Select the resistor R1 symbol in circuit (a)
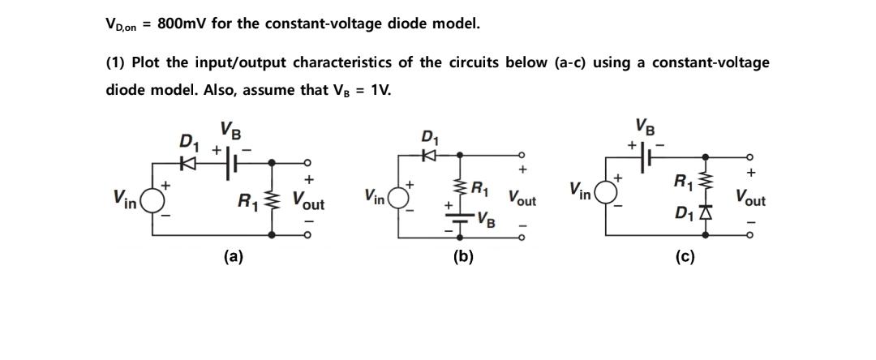point(273,198)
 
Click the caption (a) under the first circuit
point(233,257)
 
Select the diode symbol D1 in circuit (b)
point(428,152)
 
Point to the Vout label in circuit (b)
point(522,197)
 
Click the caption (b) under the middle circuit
point(463,257)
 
